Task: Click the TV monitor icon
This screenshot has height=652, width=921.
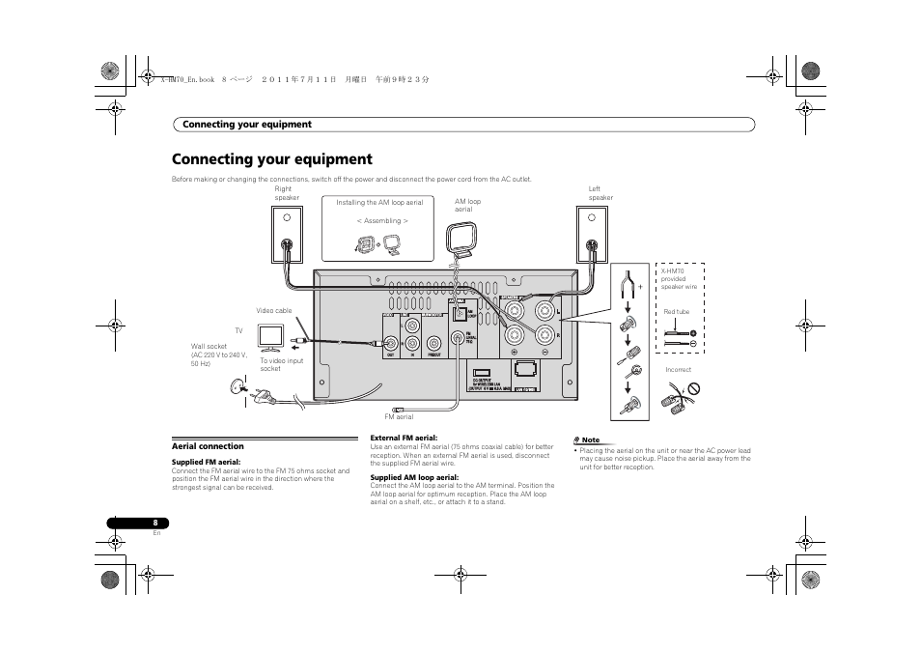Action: pyautogui.click(x=270, y=336)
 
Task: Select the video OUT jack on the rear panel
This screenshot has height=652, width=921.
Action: pyautogui.click(x=391, y=342)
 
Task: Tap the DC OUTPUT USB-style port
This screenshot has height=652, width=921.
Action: pyautogui.click(x=483, y=371)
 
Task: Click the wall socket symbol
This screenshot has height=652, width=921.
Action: pyautogui.click(x=233, y=387)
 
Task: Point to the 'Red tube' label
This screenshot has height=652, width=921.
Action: pyautogui.click(x=676, y=312)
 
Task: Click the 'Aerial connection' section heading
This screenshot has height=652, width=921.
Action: pyautogui.click(x=208, y=446)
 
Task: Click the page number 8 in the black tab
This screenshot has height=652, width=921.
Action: pyautogui.click(x=155, y=524)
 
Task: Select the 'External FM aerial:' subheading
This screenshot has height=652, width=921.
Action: pyautogui.click(x=404, y=438)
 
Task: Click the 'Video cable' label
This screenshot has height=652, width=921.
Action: pyautogui.click(x=273, y=311)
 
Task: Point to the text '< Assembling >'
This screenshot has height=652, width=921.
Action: pyautogui.click(x=381, y=221)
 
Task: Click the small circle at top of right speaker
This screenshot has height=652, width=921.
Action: pyautogui.click(x=287, y=217)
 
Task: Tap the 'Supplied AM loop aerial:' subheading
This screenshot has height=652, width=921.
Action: pyautogui.click(x=414, y=477)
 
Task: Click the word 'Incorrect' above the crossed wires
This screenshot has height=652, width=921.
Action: pyautogui.click(x=678, y=370)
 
